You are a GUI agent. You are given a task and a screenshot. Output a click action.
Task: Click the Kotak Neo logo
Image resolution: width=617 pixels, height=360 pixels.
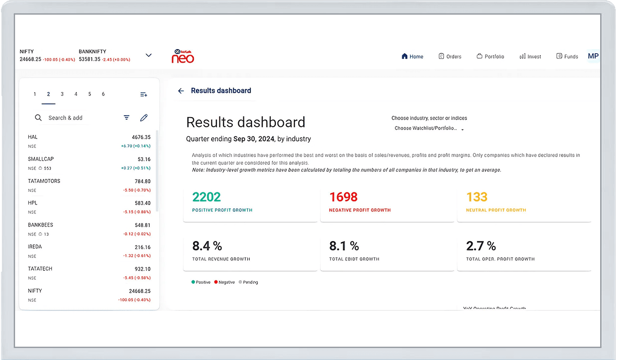[x=183, y=56]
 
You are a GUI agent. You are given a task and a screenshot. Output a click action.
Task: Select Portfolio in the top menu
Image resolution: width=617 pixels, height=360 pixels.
[x=490, y=56]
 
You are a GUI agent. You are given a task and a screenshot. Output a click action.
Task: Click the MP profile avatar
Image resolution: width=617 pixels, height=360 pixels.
[x=593, y=56]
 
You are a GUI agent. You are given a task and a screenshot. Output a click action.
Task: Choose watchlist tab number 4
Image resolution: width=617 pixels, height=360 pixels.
[x=76, y=94]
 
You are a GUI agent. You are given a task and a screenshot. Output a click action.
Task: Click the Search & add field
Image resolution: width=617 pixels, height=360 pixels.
[x=65, y=118]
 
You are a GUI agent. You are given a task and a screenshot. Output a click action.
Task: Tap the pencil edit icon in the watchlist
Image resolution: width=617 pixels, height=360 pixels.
[x=144, y=118]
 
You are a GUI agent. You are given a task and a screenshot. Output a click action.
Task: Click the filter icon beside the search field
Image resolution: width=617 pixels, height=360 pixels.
[x=126, y=118]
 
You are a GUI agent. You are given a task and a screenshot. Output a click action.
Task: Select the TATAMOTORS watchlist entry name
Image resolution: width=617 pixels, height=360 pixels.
[x=44, y=181]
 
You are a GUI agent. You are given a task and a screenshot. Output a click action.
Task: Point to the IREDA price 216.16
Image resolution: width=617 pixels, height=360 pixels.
[x=142, y=247]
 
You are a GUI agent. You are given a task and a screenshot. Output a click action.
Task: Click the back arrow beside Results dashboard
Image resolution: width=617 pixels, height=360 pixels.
[x=181, y=91]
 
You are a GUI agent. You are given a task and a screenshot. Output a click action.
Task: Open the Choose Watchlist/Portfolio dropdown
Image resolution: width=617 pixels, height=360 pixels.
[x=429, y=129]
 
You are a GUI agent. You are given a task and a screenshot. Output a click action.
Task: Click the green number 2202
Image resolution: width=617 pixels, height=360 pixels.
[x=206, y=197]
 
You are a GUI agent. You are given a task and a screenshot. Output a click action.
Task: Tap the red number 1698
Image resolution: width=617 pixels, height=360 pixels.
[x=343, y=197]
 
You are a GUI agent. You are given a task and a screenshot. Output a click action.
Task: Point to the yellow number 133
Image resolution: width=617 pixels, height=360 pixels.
[x=476, y=197]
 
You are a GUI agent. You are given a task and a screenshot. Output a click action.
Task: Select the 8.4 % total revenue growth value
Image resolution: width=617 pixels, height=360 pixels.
[x=207, y=245]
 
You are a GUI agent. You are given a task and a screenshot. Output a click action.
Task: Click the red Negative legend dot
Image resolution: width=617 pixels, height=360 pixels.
[x=216, y=282]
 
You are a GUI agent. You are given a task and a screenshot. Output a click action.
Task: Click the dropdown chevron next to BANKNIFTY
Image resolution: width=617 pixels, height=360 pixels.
[x=149, y=55]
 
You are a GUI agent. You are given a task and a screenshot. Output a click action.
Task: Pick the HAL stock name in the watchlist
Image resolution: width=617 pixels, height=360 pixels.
[x=33, y=137]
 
